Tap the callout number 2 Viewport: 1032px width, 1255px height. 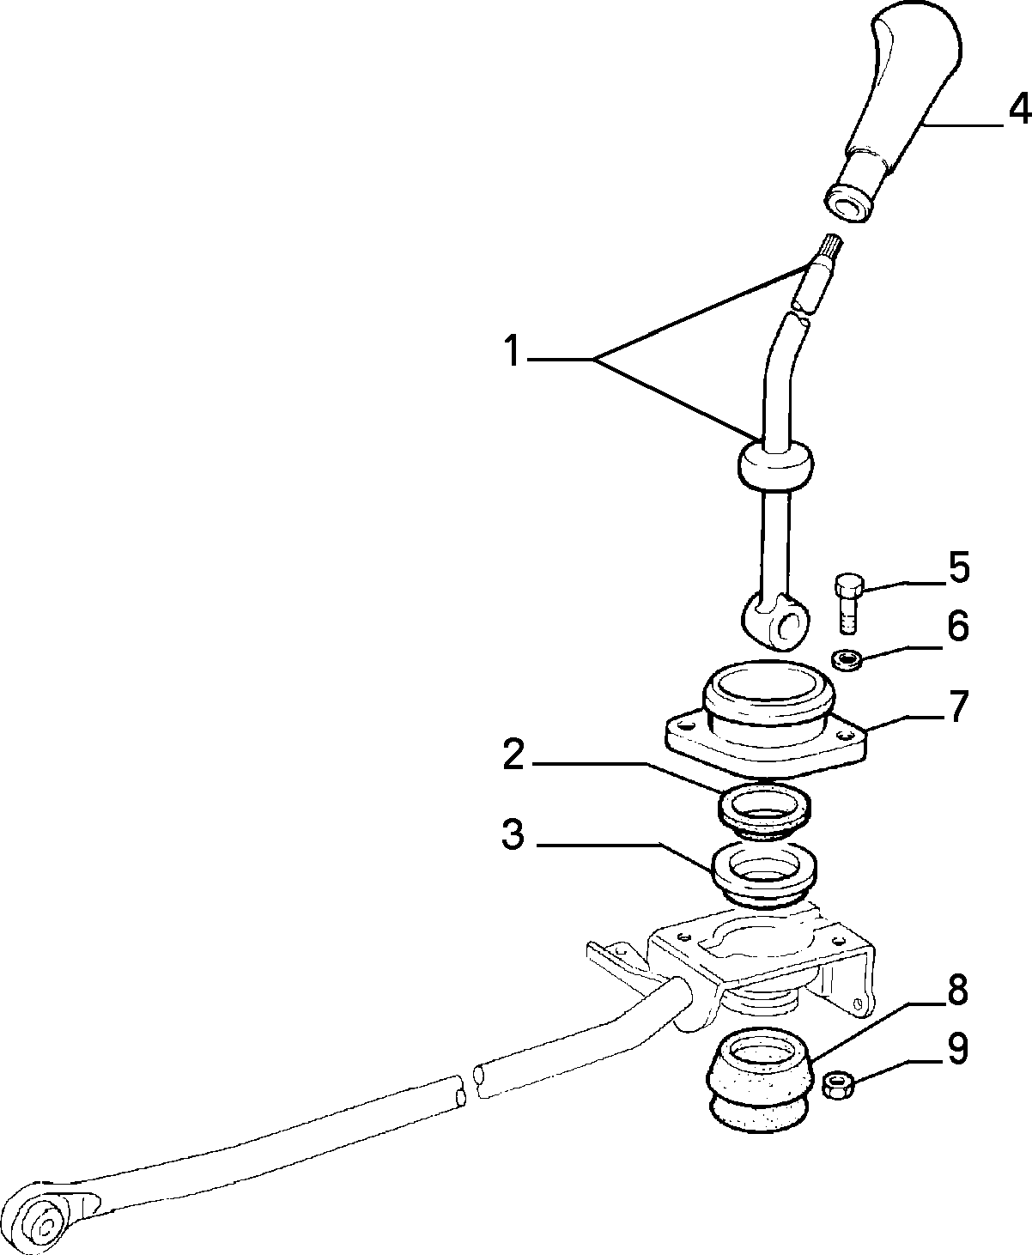[x=513, y=755]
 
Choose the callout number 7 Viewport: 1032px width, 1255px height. [x=957, y=706]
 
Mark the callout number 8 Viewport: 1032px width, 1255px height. [x=957, y=989]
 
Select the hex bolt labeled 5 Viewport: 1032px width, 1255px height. [x=849, y=603]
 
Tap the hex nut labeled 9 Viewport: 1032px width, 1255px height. [x=837, y=1084]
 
